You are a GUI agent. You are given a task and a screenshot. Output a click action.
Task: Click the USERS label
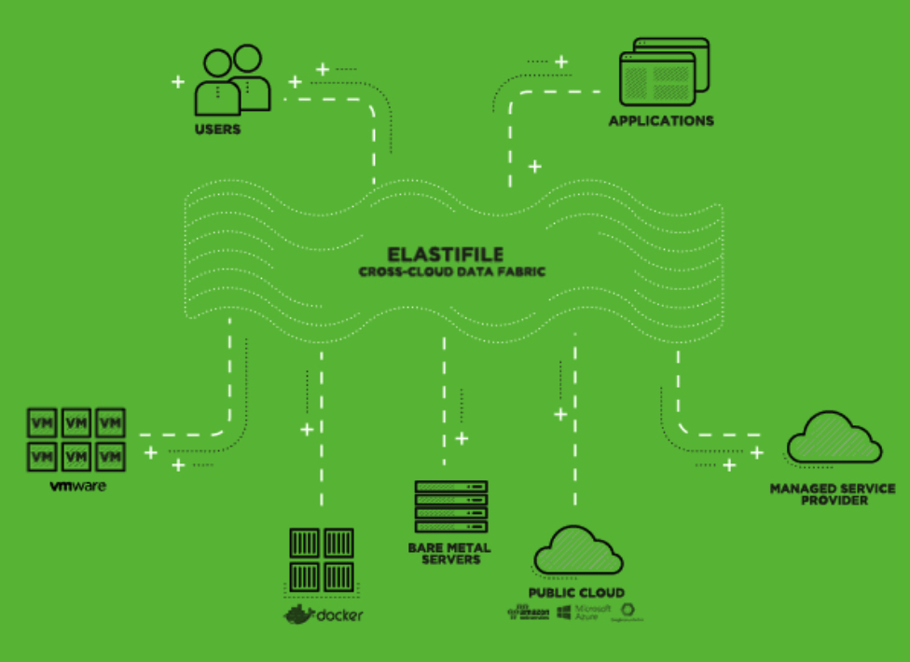point(217,129)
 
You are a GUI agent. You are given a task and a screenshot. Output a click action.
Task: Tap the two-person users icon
point(232,80)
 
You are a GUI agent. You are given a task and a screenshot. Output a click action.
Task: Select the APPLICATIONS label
point(661,120)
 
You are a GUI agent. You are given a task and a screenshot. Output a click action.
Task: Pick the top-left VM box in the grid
point(42,422)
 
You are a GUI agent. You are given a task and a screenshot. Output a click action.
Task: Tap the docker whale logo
point(300,614)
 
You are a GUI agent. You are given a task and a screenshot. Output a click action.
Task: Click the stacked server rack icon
point(451,506)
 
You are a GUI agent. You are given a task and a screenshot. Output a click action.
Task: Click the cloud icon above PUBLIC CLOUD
point(577,550)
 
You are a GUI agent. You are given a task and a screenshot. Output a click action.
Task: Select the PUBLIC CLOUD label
point(576,593)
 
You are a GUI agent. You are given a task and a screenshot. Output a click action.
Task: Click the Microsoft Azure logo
point(584,612)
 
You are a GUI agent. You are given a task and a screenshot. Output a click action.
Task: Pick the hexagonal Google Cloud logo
point(628,612)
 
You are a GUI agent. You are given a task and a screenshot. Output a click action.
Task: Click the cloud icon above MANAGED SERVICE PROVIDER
point(833,437)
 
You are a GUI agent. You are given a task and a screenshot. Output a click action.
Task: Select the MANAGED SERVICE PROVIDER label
point(832,494)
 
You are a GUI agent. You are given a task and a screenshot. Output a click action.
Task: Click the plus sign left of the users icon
point(177,82)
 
